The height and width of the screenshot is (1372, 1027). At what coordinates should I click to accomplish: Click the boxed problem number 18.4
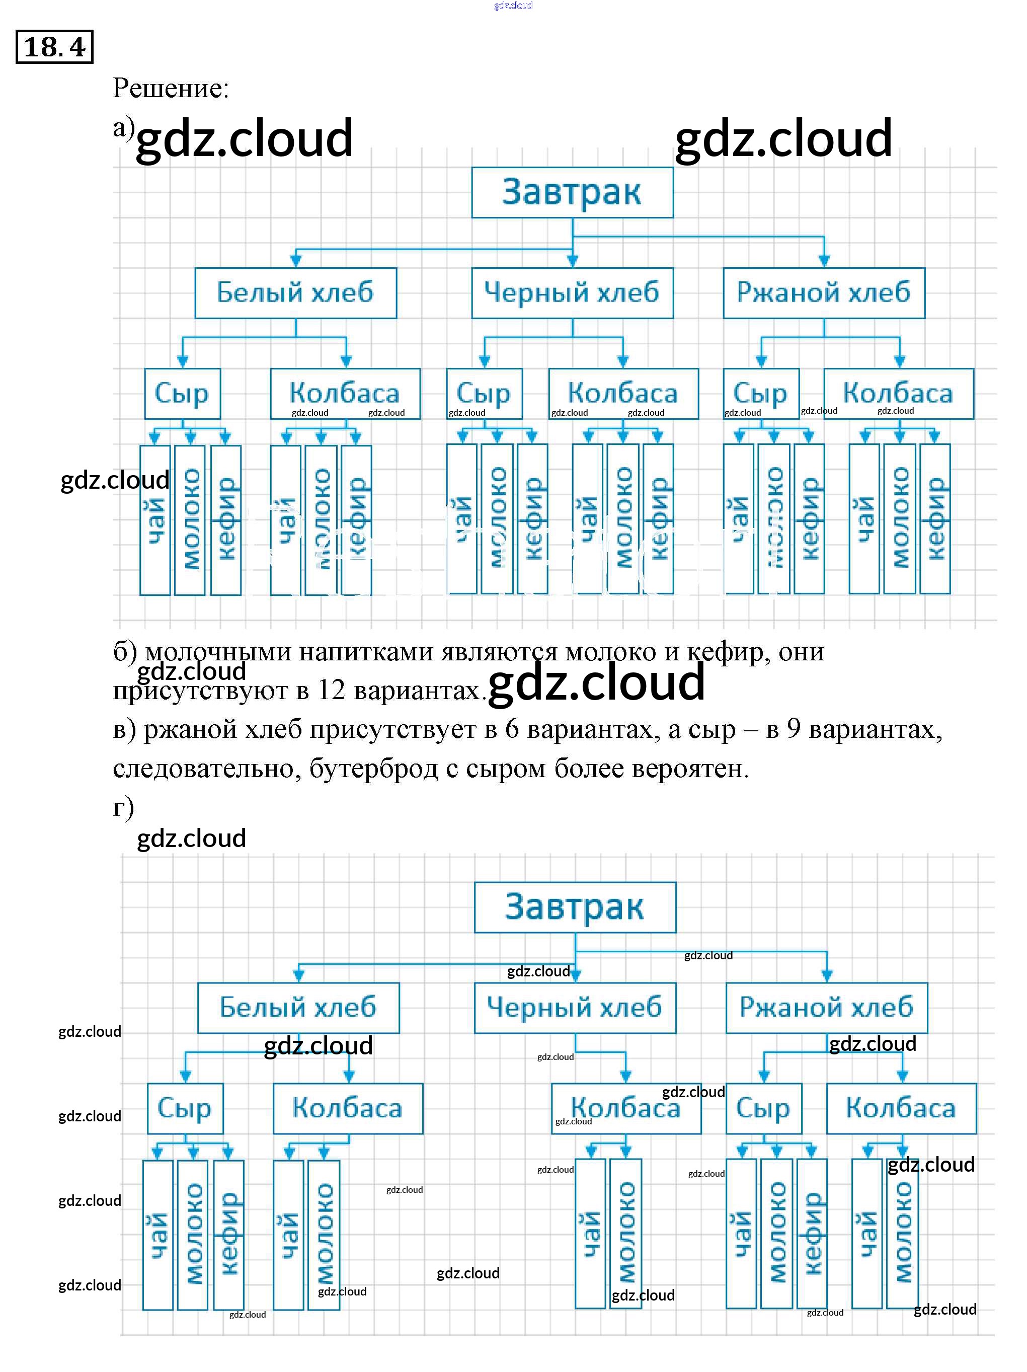pos(54,46)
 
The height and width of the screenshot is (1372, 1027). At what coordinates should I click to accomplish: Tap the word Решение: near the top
pos(171,88)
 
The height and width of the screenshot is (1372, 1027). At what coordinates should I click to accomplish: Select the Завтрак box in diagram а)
pos(571,192)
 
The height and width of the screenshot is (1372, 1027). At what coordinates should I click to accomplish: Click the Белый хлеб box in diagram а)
pos(295,293)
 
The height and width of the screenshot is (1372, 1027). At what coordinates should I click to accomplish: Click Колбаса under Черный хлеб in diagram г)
pos(626,1108)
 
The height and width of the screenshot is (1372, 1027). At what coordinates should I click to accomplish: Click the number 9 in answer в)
pos(793,729)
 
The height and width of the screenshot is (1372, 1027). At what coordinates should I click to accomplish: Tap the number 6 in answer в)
pos(512,729)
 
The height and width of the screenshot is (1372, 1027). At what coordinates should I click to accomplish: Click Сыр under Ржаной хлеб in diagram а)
pos(760,393)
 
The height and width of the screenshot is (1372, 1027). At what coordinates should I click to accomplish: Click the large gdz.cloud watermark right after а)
pos(245,138)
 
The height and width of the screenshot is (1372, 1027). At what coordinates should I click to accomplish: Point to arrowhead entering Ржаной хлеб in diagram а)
pos(824,261)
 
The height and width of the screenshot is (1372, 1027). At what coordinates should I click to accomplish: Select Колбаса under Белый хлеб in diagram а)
pos(345,393)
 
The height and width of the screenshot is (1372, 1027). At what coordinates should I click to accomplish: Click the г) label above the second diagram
pos(123,808)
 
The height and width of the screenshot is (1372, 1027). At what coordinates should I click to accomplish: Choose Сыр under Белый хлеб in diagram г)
pos(185,1108)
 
